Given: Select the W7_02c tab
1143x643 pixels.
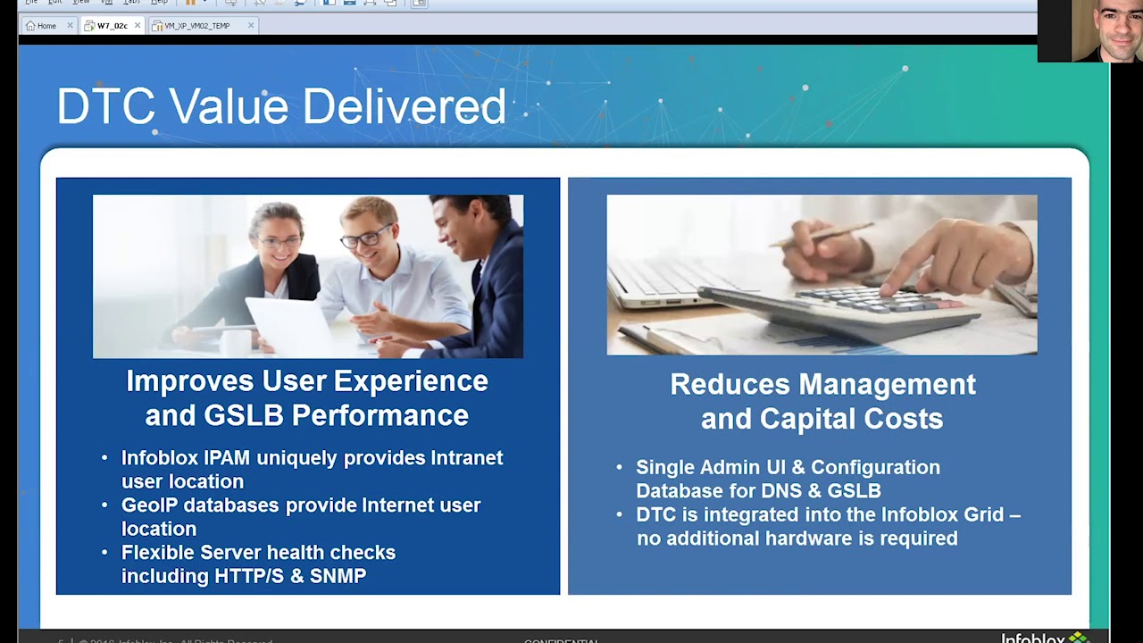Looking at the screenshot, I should [112, 26].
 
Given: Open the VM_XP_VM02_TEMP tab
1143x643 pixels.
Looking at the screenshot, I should [196, 26].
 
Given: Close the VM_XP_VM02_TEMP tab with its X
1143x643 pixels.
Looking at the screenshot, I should [251, 26].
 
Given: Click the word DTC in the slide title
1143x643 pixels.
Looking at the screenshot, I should [105, 107].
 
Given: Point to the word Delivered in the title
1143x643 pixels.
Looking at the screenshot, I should [404, 107].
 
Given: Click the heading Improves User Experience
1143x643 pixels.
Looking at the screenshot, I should [306, 381].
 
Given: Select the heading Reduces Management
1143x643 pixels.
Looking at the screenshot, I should [822, 385].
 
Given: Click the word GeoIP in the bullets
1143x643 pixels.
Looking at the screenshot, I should [149, 505].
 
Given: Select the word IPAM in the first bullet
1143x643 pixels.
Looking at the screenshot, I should [226, 458].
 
